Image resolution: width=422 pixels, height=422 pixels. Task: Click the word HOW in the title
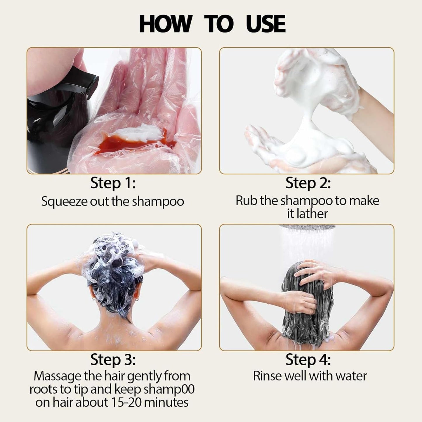coord(165,24)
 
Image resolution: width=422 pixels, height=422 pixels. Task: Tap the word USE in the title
coord(265,24)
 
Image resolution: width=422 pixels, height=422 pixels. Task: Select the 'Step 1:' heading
coord(113,183)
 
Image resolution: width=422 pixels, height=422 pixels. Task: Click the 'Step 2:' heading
coord(308,183)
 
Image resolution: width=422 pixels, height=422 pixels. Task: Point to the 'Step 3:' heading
coord(113,360)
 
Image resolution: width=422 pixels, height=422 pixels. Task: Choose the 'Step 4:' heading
coord(308,360)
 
